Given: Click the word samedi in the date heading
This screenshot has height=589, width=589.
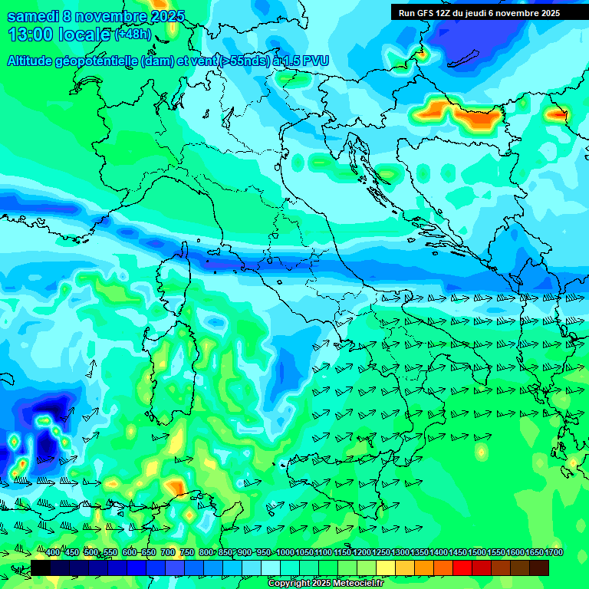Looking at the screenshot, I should (31, 16).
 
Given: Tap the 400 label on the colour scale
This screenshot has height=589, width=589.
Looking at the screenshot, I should (53, 553).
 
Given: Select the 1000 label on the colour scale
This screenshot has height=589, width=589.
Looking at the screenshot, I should (285, 553).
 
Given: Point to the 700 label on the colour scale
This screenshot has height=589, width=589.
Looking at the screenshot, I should (167, 553).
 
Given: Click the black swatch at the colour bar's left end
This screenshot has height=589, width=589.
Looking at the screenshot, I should (41, 568).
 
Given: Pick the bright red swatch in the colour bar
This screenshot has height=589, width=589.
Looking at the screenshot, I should (462, 568).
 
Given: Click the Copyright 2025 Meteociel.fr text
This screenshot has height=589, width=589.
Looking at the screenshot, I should (325, 584).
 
